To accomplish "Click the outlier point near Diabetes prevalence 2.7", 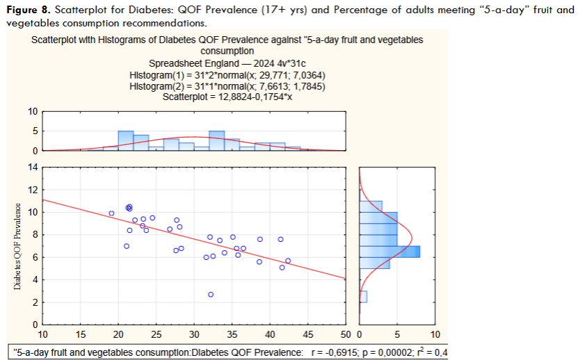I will [211, 294].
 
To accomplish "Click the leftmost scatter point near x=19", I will [111, 213].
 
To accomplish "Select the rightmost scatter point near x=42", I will [288, 261].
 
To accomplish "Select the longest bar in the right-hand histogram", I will [390, 251].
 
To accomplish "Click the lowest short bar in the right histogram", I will [363, 297].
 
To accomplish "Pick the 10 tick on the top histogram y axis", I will [32, 111].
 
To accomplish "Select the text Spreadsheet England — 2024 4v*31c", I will [227, 63].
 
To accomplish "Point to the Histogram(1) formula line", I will [227, 74].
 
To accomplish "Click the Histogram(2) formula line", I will [227, 85].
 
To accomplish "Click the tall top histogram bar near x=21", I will [125, 140].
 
